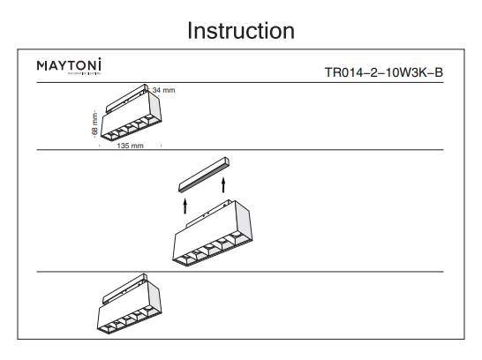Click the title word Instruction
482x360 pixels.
(x=240, y=31)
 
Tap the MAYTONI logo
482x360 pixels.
(x=70, y=66)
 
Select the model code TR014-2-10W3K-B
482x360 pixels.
(x=384, y=71)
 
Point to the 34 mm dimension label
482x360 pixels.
(x=164, y=91)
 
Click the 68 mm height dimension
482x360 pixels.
(x=95, y=124)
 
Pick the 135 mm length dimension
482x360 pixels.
(x=130, y=146)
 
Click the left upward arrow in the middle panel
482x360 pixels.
(x=185, y=205)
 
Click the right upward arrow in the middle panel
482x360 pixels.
(x=224, y=184)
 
